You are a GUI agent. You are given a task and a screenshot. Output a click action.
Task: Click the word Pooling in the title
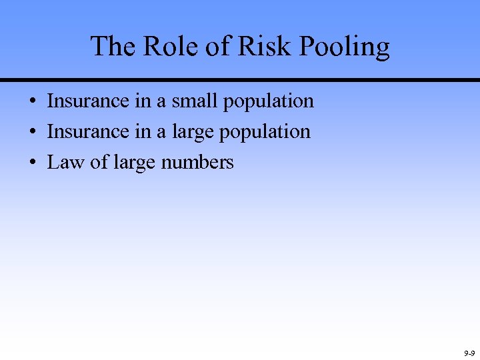(345, 47)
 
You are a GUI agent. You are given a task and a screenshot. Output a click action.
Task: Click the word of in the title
(217, 46)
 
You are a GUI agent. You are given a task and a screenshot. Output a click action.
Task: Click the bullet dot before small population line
(32, 102)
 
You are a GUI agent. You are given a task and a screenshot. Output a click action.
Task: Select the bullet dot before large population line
(32, 133)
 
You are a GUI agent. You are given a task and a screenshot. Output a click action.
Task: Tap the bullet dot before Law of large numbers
(32, 163)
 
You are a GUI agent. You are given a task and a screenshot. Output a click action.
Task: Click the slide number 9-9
(469, 353)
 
